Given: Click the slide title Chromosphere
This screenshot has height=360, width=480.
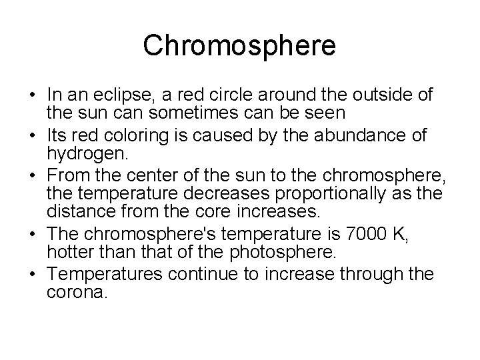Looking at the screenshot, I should (239, 45).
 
